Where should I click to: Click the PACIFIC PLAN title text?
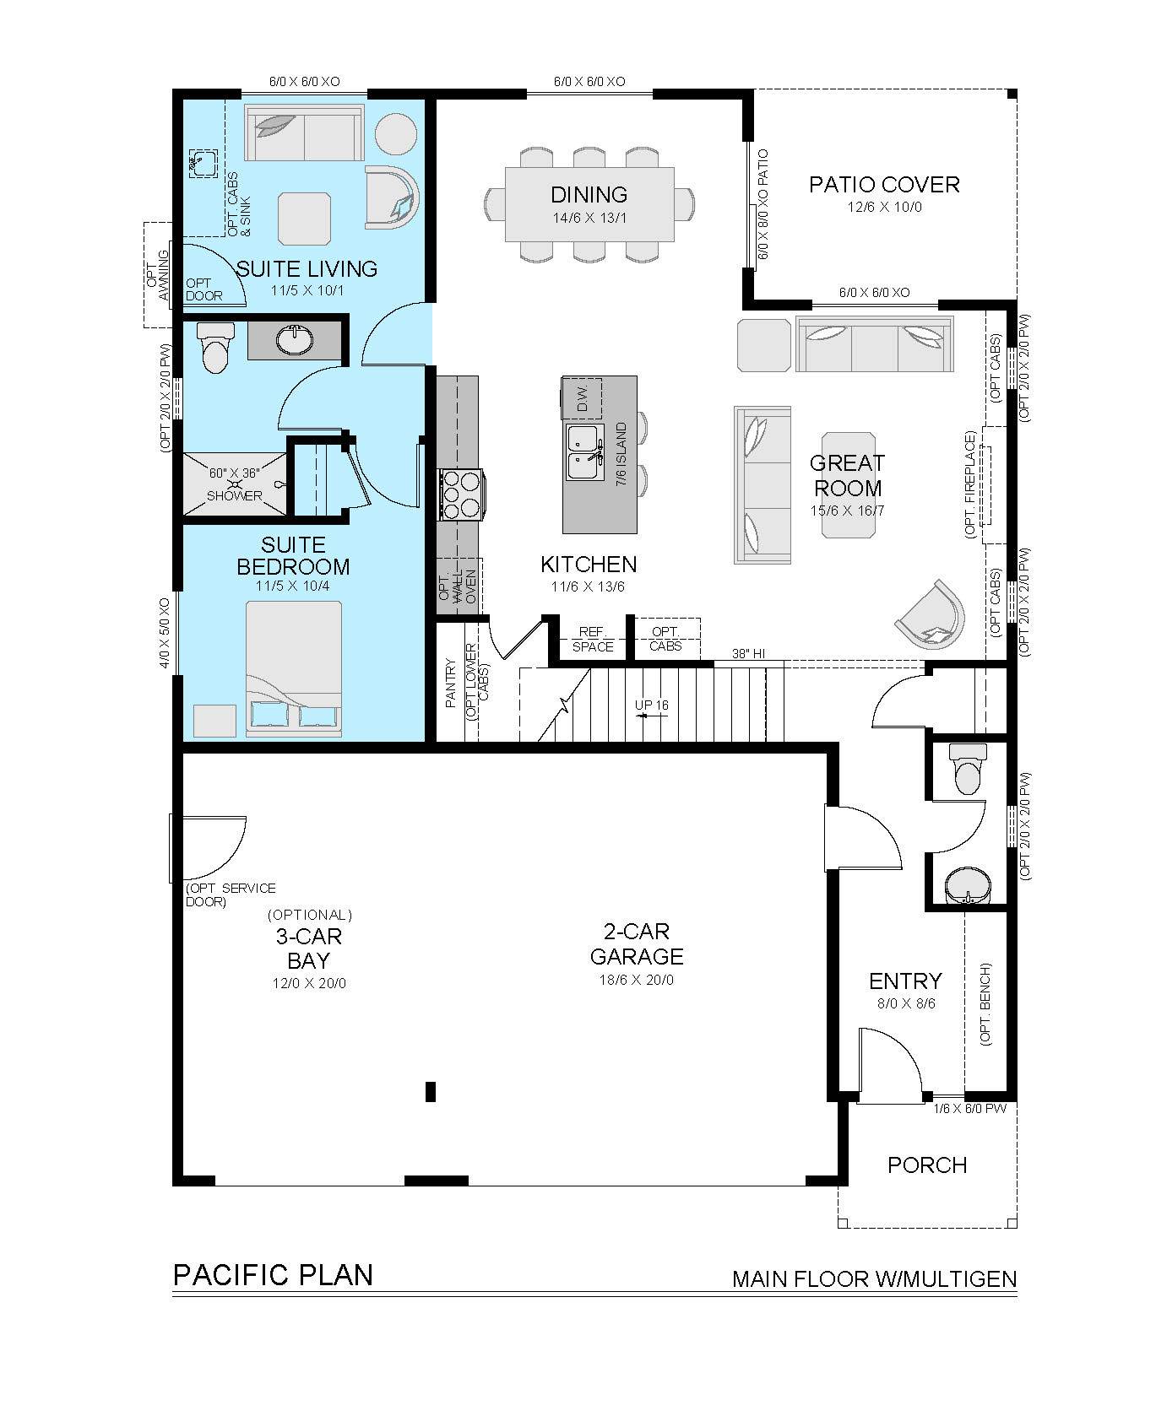273,1274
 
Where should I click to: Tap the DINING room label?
589,194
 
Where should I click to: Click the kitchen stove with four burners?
460,495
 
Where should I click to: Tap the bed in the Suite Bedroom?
294,667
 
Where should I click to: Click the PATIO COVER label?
884,184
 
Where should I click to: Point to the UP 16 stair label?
651,705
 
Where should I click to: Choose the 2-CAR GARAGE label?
637,943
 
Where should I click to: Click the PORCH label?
927,1165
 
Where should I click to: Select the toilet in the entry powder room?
966,769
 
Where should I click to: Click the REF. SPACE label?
593,640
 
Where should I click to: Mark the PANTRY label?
451,684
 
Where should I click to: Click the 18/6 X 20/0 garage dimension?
636,980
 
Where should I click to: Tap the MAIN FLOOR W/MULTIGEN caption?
874,1279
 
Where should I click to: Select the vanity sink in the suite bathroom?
295,340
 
